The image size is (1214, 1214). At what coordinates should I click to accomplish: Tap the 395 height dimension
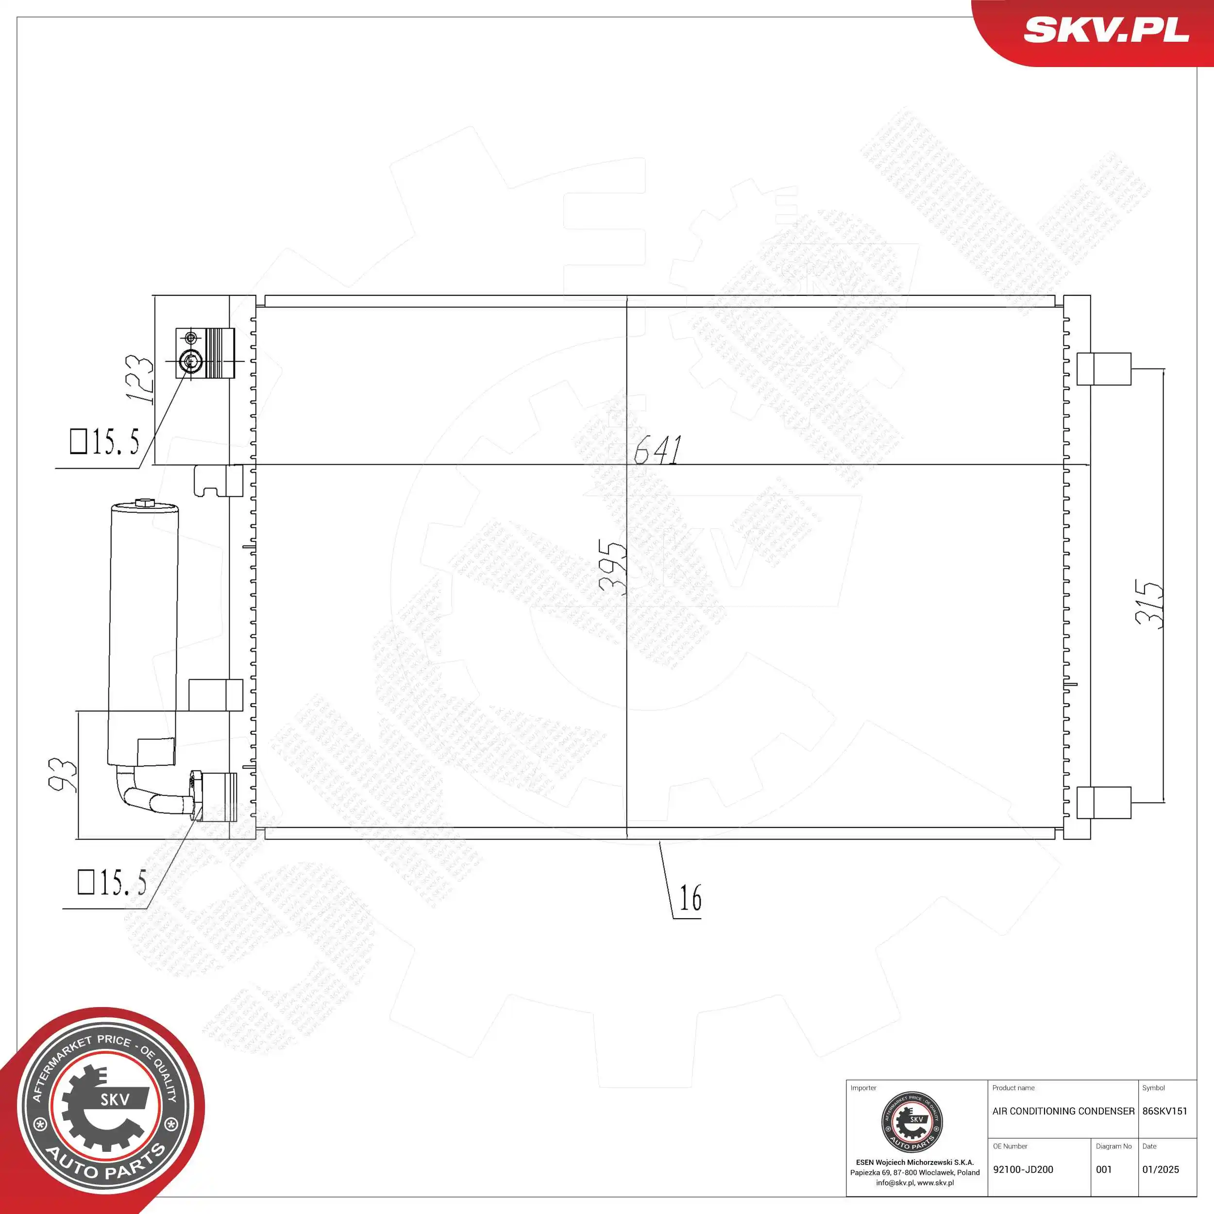[x=613, y=567]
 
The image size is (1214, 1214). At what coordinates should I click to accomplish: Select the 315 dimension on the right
[x=1149, y=603]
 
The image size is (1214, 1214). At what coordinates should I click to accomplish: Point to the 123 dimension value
[x=139, y=380]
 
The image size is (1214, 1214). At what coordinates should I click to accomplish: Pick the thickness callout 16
[x=690, y=898]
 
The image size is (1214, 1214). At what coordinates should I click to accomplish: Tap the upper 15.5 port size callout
[x=105, y=442]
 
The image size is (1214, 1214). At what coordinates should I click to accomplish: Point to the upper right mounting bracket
[x=1103, y=369]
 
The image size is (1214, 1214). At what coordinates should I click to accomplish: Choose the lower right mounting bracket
[x=1103, y=802]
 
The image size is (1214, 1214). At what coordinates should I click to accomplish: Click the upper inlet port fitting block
[x=205, y=353]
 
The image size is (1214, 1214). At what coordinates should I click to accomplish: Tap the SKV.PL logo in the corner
[x=1106, y=30]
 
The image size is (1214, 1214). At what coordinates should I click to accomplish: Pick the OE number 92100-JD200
[x=1023, y=1169]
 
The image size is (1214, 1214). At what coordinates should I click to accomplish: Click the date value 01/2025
[x=1160, y=1169]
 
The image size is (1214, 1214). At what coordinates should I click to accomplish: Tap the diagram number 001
[x=1104, y=1169]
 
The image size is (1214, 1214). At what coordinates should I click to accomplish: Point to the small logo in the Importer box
[x=912, y=1122]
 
